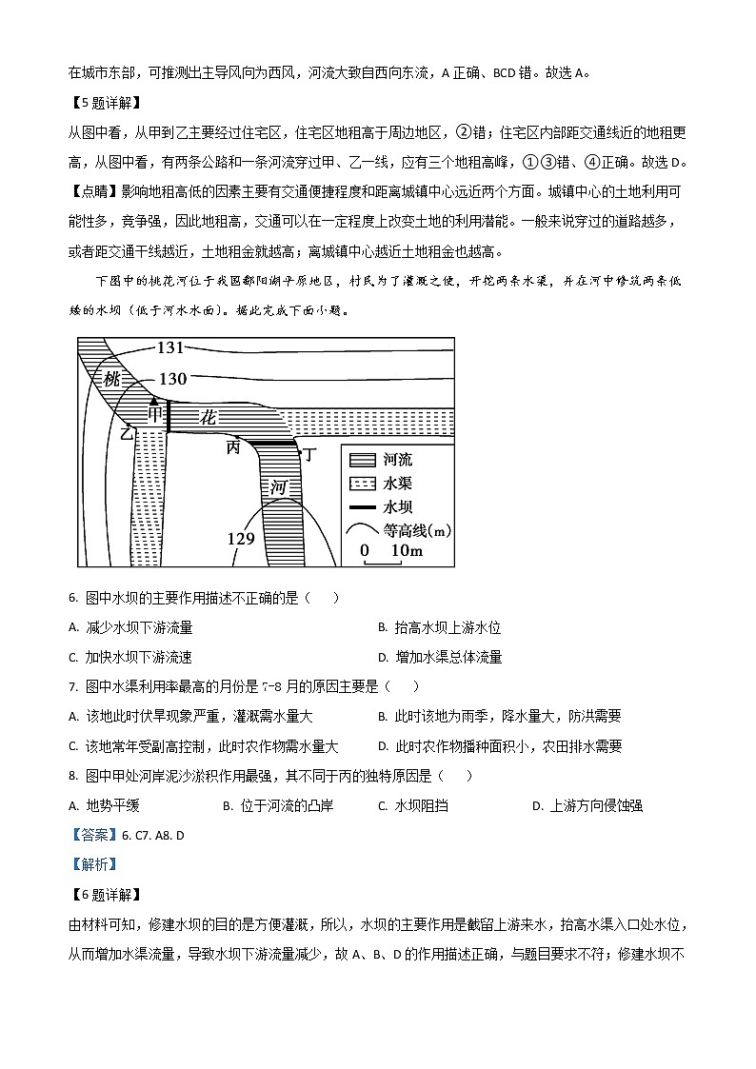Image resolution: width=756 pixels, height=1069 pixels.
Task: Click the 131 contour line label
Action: tap(170, 348)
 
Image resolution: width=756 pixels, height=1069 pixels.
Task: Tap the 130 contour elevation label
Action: tap(172, 379)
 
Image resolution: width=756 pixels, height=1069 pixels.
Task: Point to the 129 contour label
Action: tap(241, 539)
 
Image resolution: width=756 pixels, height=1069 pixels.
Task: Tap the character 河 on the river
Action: tap(278, 487)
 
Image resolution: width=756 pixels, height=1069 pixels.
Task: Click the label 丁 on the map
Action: tap(308, 453)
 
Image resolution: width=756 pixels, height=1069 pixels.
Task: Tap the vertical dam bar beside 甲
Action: tap(169, 416)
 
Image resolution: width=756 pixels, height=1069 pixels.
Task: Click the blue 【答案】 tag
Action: tap(93, 835)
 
